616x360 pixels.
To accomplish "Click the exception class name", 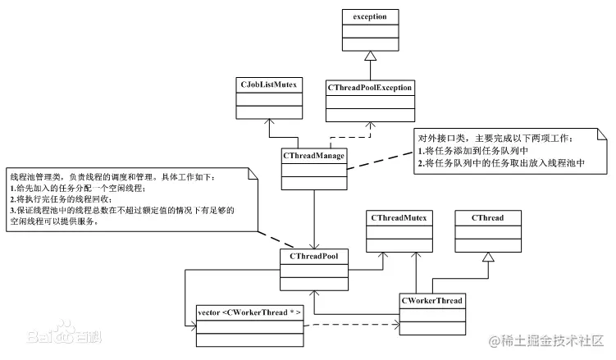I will (369, 16).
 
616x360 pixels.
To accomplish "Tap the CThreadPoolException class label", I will (370, 86).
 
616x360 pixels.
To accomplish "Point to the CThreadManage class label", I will (313, 154).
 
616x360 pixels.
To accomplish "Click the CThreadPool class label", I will (314, 256).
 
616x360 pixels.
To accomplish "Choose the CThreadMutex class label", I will (398, 219).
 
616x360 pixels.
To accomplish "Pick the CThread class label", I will (488, 219).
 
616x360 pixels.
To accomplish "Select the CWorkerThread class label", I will (432, 301).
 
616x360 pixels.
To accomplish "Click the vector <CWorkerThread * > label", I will (250, 313).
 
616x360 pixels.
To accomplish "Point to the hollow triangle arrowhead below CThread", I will (488, 257).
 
